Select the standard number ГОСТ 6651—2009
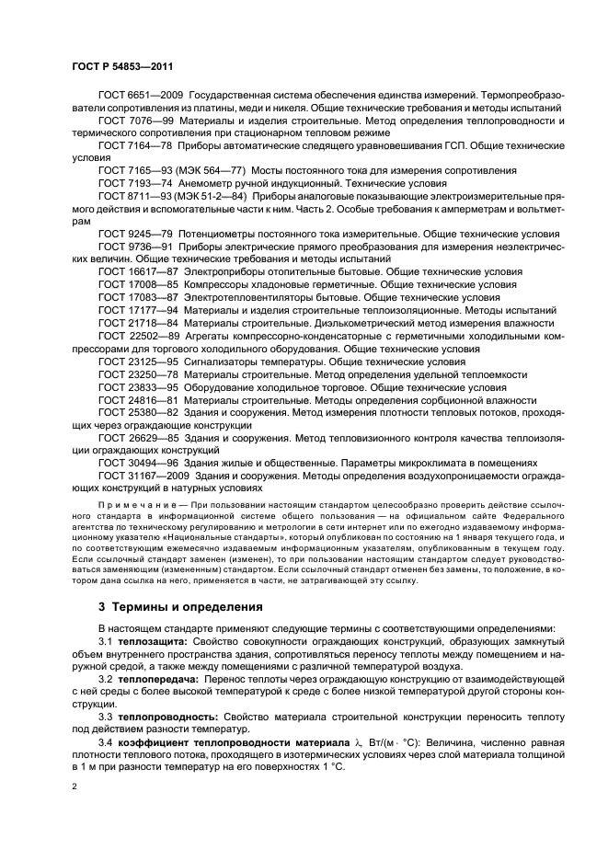pyautogui.click(x=143, y=97)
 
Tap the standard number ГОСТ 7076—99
pyautogui.click(x=137, y=121)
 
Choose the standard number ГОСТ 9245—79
pyautogui.click(x=137, y=235)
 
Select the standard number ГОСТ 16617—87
pyautogui.click(x=140, y=273)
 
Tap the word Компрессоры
pyautogui.click(x=221, y=286)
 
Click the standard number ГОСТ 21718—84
pyautogui.click(x=140, y=324)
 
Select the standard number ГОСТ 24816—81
pyautogui.click(x=140, y=401)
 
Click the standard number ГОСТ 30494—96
pyautogui.click(x=140, y=463)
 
